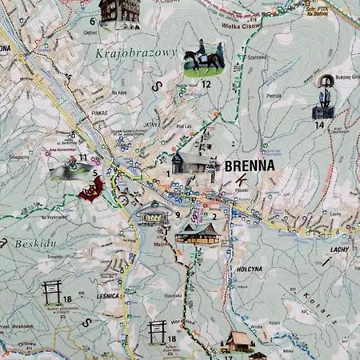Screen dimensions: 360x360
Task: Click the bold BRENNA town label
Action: coord(250,166)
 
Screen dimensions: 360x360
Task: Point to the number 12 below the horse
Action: coord(206,83)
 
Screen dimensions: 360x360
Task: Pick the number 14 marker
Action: coord(320,125)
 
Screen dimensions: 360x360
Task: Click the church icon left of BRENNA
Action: coord(190,162)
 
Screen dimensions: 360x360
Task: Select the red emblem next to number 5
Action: coord(91,189)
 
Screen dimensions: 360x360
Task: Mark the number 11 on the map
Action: coord(83,158)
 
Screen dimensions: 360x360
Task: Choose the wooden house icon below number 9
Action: coord(196,233)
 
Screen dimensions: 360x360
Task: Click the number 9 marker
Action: coord(178,214)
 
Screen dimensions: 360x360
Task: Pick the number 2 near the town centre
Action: coord(214,216)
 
